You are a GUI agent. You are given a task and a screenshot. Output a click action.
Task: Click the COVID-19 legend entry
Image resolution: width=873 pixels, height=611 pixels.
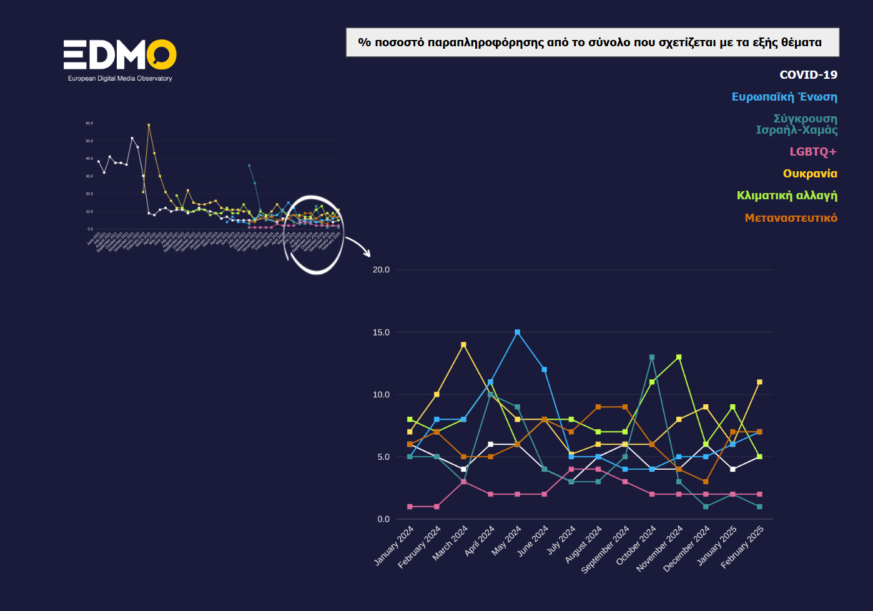(x=808, y=75)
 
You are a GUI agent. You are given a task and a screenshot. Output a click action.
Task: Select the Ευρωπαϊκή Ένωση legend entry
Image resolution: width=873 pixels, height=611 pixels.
(x=784, y=97)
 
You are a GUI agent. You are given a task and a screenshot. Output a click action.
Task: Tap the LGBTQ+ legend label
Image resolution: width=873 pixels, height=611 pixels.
(x=813, y=152)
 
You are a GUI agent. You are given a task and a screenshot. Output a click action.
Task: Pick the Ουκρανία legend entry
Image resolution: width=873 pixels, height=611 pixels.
(x=810, y=174)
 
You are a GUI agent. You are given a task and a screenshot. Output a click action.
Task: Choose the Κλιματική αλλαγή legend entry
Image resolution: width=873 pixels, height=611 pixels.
(x=787, y=196)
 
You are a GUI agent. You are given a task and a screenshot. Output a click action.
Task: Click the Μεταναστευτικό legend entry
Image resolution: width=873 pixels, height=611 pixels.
(x=791, y=218)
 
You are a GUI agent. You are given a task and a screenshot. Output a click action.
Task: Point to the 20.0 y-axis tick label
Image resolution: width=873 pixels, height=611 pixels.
(x=381, y=270)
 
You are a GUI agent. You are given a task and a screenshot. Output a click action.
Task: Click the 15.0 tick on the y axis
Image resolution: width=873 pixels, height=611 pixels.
(x=381, y=332)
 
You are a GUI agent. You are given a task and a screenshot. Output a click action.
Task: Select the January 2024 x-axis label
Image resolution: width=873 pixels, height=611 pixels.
(x=395, y=545)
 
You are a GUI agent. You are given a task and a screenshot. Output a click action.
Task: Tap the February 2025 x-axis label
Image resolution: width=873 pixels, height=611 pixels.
(x=743, y=547)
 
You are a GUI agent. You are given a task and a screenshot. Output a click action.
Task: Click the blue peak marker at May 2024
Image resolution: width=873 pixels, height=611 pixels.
(x=517, y=332)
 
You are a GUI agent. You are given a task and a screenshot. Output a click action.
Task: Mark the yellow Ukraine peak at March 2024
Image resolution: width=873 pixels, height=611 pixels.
(x=463, y=345)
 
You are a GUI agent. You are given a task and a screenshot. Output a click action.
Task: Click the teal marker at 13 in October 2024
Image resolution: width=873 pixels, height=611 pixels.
(x=652, y=357)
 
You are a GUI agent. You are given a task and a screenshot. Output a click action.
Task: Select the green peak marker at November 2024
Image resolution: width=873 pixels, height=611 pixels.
(x=679, y=357)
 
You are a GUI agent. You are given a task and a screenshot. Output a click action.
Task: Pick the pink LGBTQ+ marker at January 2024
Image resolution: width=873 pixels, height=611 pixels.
(x=410, y=507)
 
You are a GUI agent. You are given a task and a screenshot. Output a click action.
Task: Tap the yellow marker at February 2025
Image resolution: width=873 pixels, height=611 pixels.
(x=759, y=382)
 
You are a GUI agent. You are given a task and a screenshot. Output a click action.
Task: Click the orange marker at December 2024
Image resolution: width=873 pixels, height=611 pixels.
(x=706, y=482)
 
